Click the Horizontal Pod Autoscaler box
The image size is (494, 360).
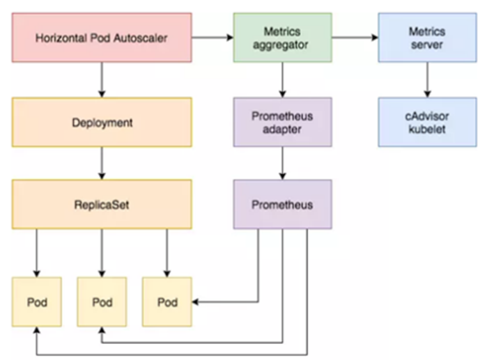pos(102,36)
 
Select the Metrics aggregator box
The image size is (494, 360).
pos(282,37)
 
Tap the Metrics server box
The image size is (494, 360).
pos(427,37)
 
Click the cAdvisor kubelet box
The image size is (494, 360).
pos(427,122)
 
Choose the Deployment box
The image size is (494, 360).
pos(102,122)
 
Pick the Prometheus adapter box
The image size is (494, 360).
pos(282,122)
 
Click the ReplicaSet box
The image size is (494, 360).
pos(102,205)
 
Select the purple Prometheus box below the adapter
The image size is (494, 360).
pos(282,205)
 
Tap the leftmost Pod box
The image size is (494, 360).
pos(36,302)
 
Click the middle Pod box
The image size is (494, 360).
pos(102,302)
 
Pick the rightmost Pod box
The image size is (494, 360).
pos(167,302)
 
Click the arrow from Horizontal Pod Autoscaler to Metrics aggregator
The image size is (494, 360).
pos(213,37)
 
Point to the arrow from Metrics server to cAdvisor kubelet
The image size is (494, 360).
pos(427,79)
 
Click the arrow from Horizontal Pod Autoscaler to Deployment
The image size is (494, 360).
pos(102,79)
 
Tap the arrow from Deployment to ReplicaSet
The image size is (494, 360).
pos(102,163)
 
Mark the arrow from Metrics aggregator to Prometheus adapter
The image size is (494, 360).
pos(282,79)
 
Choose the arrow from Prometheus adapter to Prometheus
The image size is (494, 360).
pos(282,163)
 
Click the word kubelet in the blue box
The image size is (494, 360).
pos(427,129)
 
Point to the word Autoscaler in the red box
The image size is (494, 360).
pos(144,37)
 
